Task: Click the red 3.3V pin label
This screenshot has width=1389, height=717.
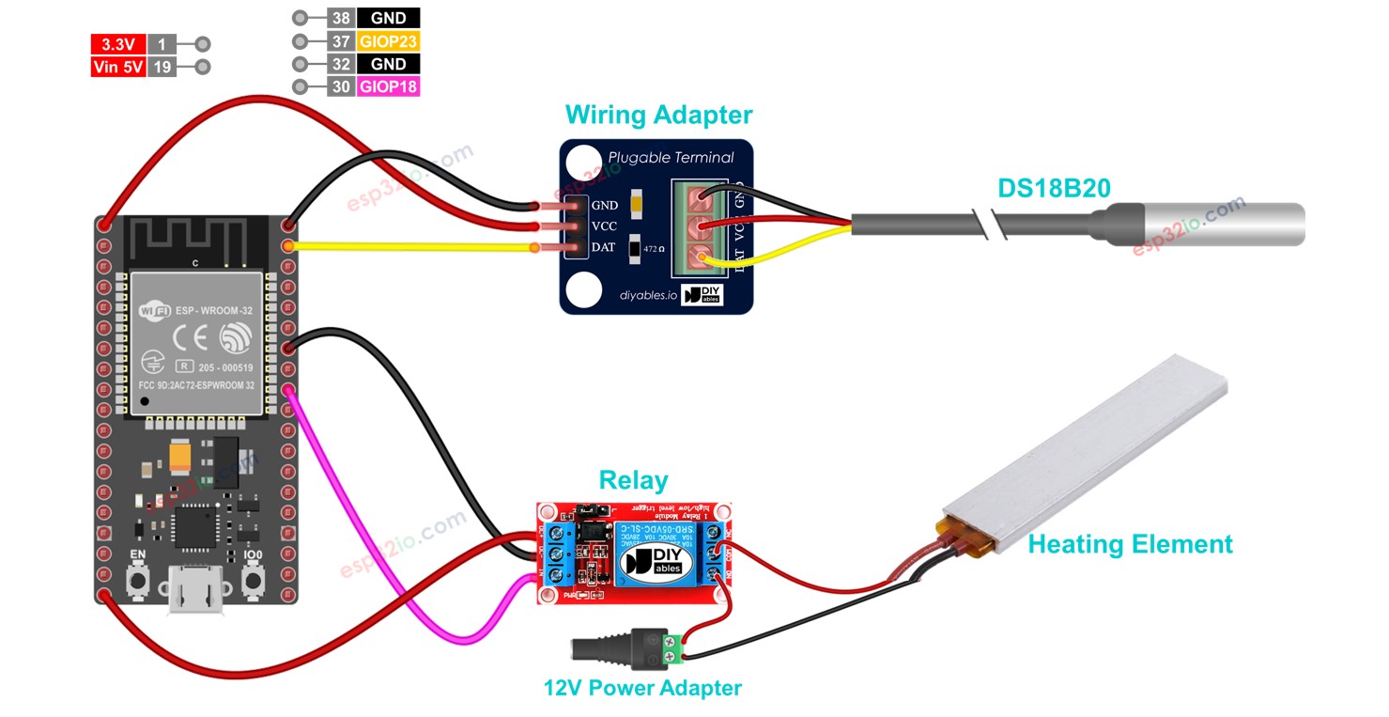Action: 117,44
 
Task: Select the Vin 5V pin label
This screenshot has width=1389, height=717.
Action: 117,68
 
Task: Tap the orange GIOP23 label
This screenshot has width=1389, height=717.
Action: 388,41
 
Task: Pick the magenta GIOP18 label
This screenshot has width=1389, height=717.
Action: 388,87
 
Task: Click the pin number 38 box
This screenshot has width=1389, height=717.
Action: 341,18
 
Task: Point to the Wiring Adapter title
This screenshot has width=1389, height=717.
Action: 658,116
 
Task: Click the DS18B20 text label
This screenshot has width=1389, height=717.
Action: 1054,188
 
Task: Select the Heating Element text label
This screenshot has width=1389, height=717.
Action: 1130,544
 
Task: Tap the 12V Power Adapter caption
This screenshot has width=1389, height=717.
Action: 642,688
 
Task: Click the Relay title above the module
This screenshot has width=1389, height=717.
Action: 633,481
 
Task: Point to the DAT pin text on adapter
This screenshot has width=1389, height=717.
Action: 604,247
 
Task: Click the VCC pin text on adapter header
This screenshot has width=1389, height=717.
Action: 604,226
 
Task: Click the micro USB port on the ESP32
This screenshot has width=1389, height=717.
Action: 195,596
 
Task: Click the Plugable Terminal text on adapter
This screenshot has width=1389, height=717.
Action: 671,157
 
